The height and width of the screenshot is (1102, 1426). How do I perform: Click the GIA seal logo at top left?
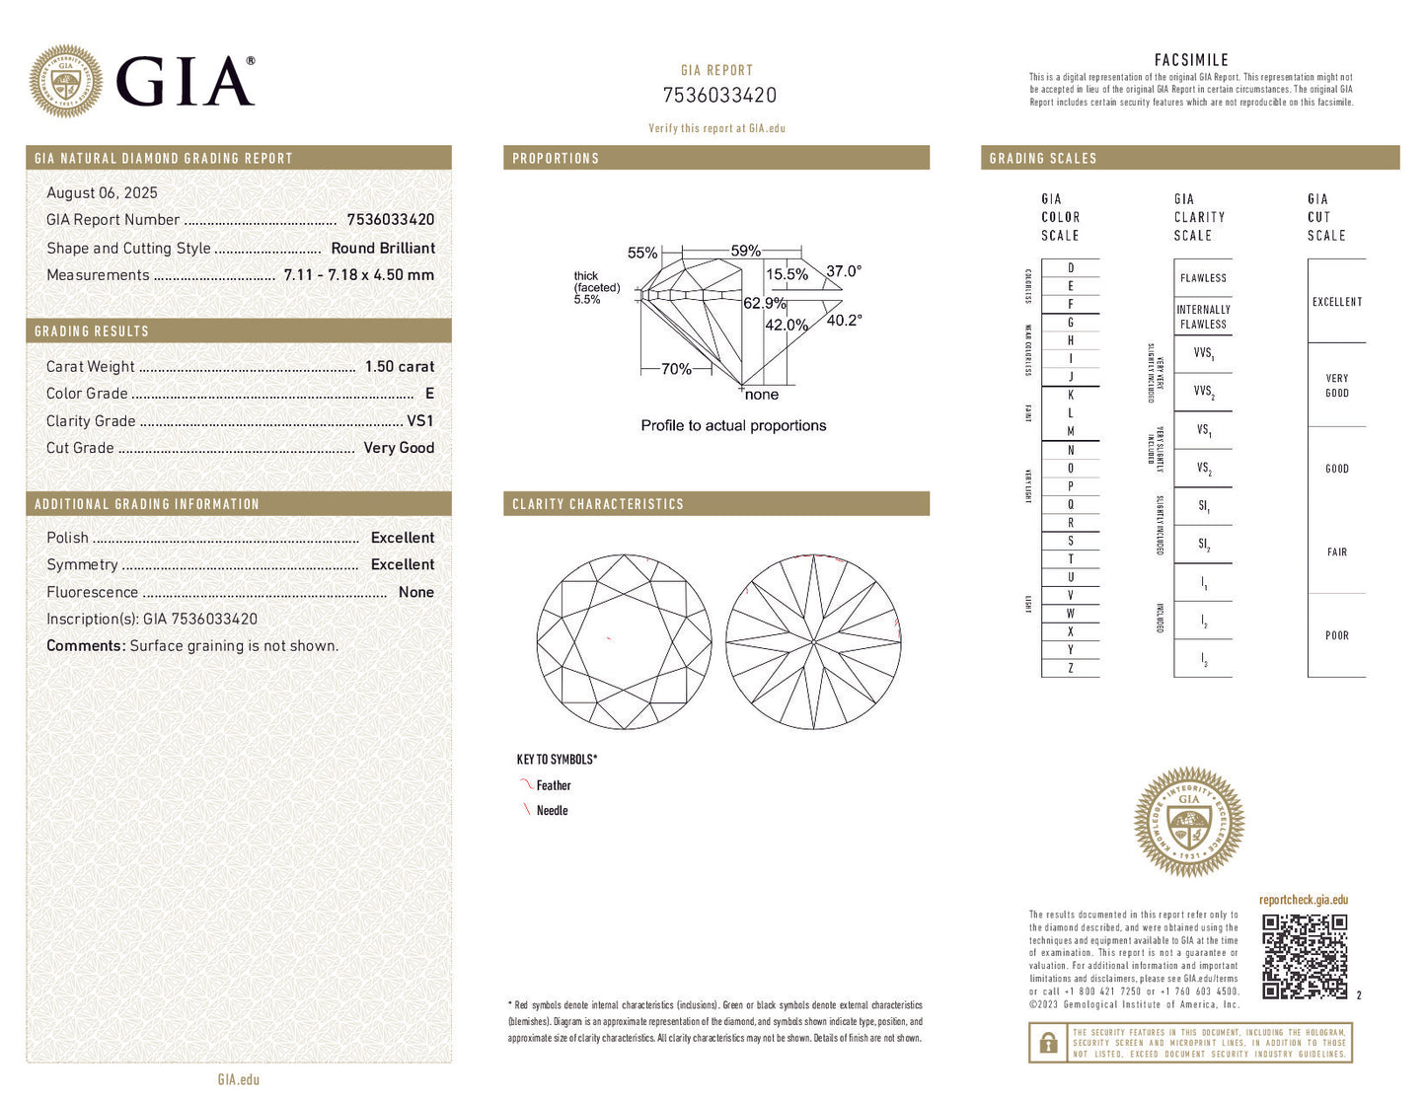click(x=65, y=81)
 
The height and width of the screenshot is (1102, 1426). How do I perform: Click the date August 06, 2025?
click(x=102, y=193)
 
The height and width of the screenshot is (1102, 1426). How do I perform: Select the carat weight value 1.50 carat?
click(x=399, y=367)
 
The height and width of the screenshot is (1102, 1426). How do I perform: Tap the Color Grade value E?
click(x=429, y=394)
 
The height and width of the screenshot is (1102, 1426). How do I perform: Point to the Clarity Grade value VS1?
click(x=420, y=421)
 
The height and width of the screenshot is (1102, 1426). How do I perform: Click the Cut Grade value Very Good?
click(x=399, y=448)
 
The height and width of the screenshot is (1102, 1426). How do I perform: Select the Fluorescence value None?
click(x=415, y=593)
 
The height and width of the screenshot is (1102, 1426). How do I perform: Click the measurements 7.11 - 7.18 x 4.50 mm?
click(x=358, y=275)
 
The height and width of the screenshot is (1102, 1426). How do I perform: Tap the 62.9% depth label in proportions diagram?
click(x=765, y=304)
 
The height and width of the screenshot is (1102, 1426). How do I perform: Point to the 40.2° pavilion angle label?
click(x=844, y=321)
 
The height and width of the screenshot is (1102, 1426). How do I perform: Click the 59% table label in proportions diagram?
click(x=745, y=252)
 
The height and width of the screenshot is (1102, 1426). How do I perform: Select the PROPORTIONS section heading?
click(x=556, y=159)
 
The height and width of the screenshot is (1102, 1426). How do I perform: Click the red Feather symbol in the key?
click(x=525, y=785)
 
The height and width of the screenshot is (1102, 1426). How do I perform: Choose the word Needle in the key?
click(x=552, y=811)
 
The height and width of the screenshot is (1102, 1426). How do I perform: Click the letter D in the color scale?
click(x=1071, y=268)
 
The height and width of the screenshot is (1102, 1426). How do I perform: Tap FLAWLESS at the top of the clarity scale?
click(x=1203, y=279)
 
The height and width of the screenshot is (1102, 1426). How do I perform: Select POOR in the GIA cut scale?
click(x=1336, y=636)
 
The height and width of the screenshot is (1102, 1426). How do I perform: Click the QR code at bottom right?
click(x=1305, y=956)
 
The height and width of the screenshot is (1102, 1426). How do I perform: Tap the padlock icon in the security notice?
click(x=1048, y=1043)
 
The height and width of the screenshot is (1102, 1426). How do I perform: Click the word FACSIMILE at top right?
click(x=1191, y=60)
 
